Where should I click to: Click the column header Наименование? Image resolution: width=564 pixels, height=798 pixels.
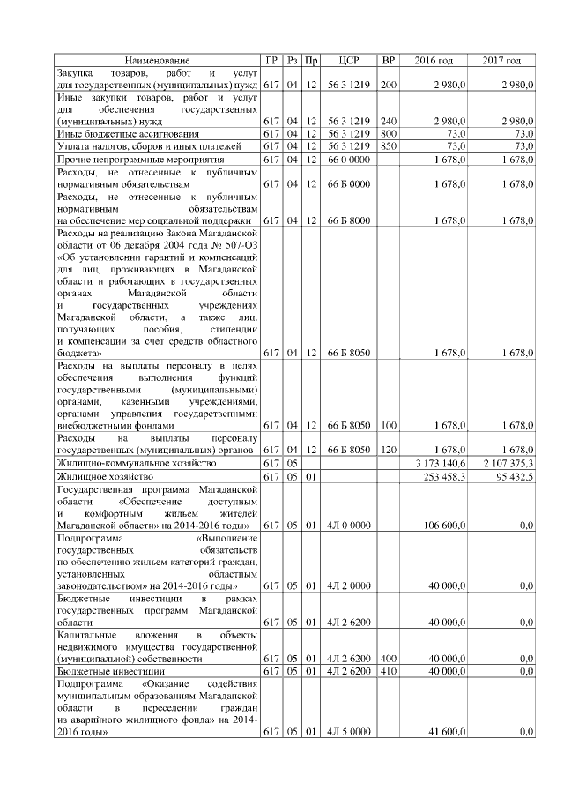[156, 60]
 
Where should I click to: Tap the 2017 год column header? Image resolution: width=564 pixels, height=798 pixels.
[501, 60]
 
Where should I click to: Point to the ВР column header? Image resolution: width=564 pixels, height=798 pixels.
[388, 60]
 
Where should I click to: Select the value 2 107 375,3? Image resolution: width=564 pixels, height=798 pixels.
[508, 463]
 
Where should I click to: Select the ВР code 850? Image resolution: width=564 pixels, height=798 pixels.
[388, 145]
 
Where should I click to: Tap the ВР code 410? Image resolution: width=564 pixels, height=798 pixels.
[388, 671]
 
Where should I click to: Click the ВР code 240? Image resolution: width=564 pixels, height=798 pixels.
[388, 120]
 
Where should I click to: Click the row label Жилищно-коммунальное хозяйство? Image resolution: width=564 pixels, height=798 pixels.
[136, 463]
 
